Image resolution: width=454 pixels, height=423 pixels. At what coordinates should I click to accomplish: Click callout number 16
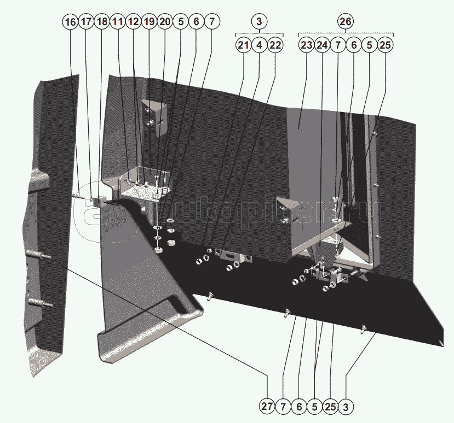pos(70,22)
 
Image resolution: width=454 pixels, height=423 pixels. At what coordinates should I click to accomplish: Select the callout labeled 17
pos(85,22)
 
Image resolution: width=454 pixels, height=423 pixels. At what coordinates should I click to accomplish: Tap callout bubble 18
pos(101,22)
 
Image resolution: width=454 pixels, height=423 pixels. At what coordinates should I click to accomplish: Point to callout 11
pos(117,22)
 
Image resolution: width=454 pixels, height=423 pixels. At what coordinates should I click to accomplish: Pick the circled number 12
pos(133,22)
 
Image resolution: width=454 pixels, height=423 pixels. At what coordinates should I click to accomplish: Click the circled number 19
pos(149,22)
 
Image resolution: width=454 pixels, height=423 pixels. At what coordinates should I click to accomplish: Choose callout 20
pos(165,22)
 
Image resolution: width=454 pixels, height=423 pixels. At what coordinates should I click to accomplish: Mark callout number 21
pos(244,45)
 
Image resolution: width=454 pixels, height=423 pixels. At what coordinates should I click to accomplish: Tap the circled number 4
pos(260,45)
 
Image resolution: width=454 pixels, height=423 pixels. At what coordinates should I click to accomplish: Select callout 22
pos(275,45)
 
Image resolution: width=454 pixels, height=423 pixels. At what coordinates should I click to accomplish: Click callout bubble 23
pos(306,45)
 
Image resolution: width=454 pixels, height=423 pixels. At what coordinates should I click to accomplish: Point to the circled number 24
pos(322,45)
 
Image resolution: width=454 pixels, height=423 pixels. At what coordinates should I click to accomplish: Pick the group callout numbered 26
pos(345,22)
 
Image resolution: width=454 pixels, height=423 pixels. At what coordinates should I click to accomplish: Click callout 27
pos(267,407)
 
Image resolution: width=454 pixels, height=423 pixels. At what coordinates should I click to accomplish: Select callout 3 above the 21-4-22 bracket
pos(260,22)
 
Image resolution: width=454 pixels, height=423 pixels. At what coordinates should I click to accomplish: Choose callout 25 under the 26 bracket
pos(385,45)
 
